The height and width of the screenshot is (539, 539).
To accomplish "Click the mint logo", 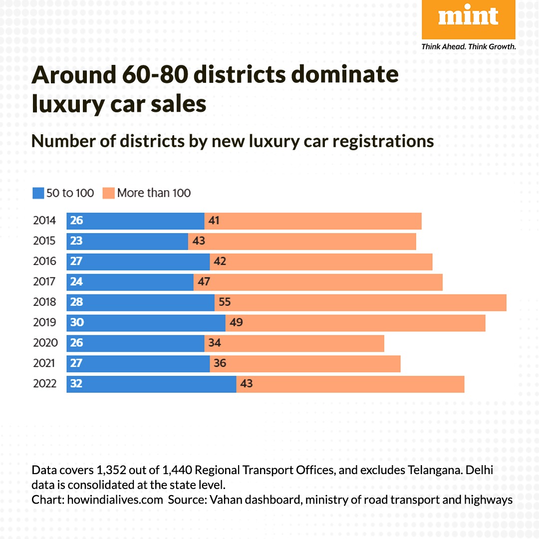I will coord(468,19).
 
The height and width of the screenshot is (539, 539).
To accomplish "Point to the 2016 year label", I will coord(44,262).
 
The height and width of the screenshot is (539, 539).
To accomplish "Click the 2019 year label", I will coord(44,323).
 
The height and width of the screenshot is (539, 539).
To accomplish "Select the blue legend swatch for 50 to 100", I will coord(38,193).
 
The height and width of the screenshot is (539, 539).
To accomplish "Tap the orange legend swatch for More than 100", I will coord(108,193).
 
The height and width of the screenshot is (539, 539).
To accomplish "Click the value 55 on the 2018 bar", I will coord(225,302).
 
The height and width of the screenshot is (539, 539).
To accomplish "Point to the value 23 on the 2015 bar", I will coord(76,241).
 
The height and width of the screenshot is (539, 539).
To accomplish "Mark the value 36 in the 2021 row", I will coord(220,363).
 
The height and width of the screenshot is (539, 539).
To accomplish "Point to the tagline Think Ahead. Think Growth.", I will coord(468,47).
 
